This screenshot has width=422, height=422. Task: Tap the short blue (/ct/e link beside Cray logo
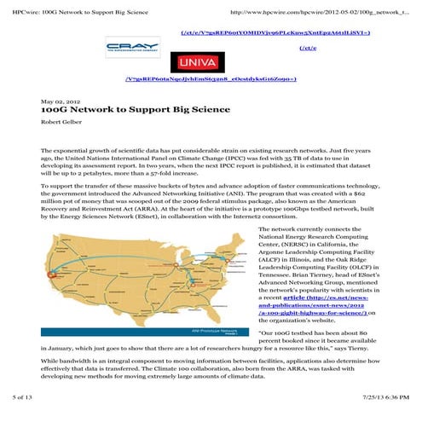pos(309,48)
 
